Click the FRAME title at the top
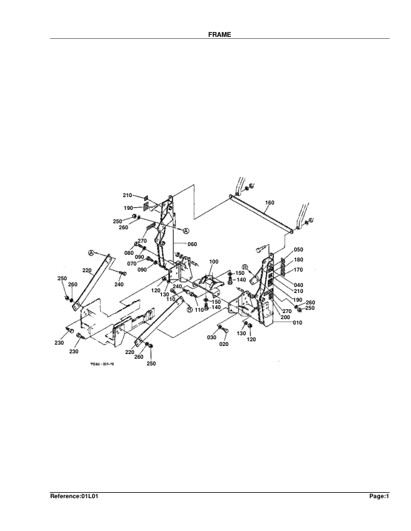(220, 34)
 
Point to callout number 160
(270, 202)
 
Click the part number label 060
(192, 244)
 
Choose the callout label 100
(214, 261)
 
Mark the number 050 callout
(298, 249)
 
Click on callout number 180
(298, 259)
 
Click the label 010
(298, 322)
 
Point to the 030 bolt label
(212, 337)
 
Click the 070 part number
(132, 264)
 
